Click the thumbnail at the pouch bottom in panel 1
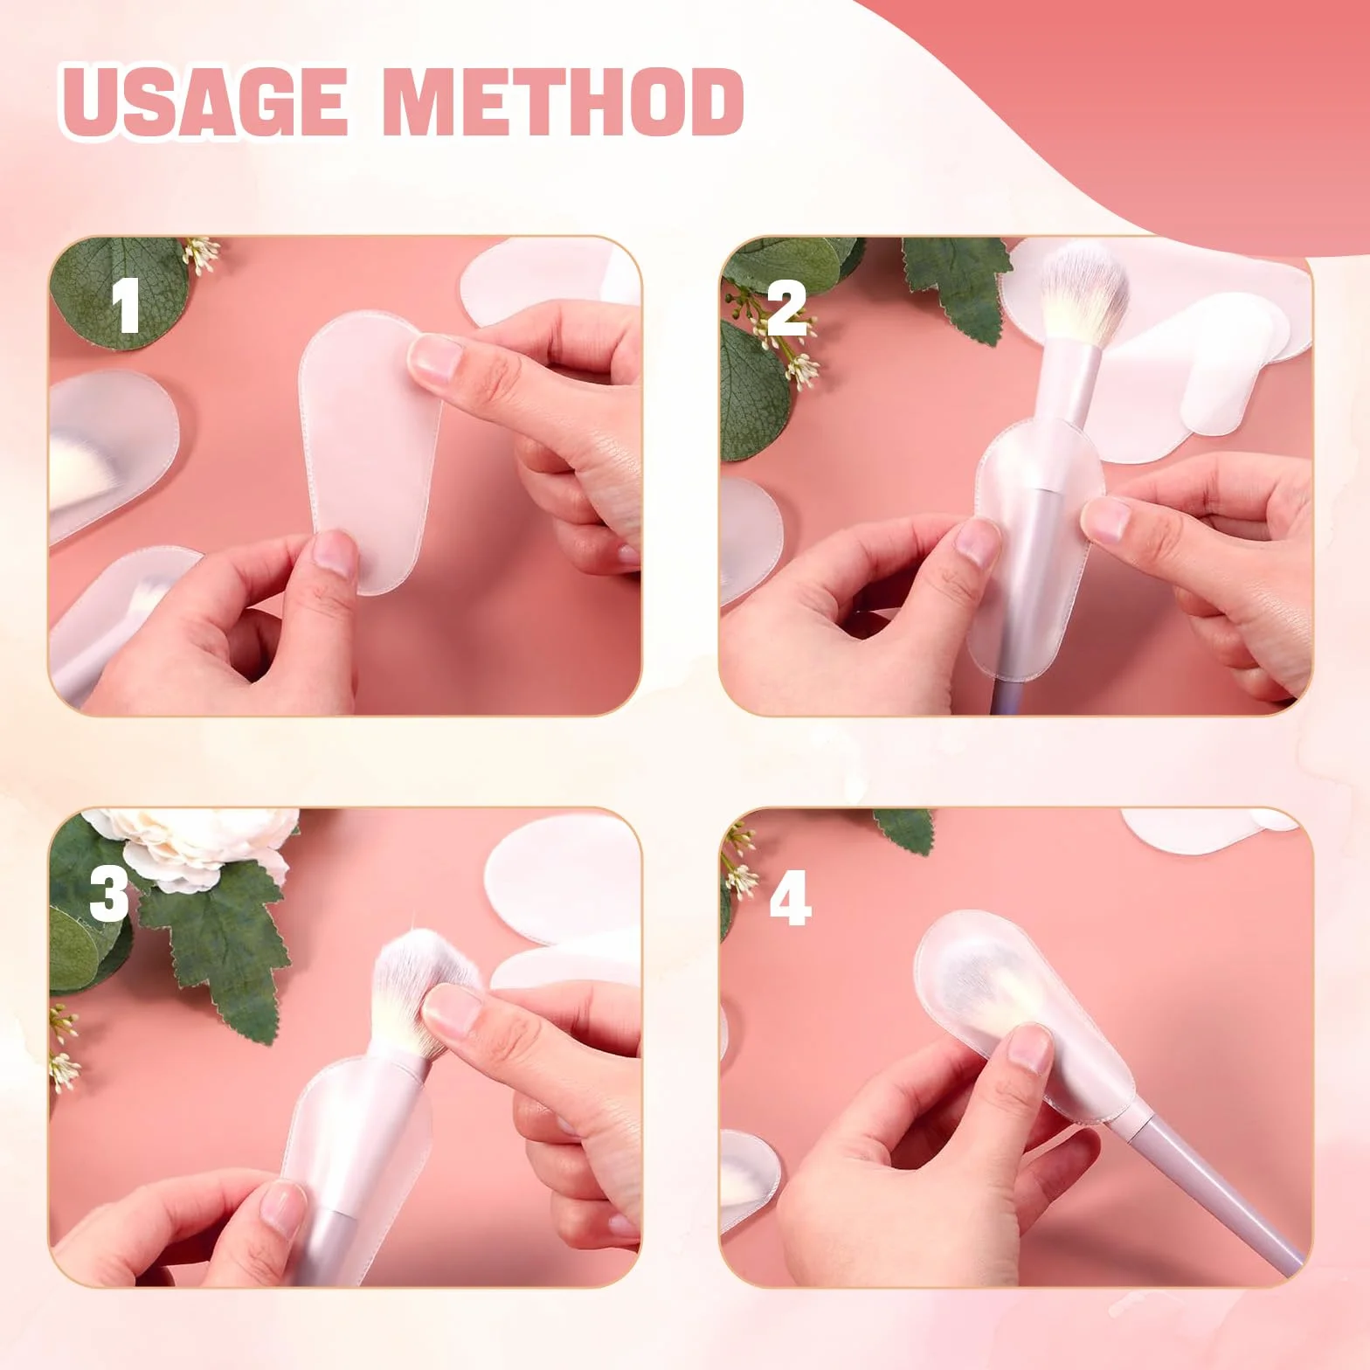click(x=332, y=559)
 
